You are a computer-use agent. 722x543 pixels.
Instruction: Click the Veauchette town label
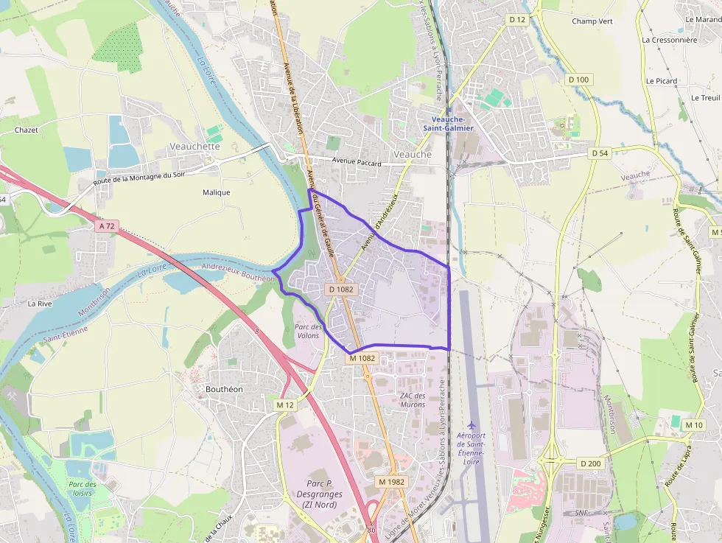(194, 146)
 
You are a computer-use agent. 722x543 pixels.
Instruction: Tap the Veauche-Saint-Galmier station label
(448, 123)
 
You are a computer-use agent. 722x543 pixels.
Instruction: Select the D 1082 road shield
(341, 290)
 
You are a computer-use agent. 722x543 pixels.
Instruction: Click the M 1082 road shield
(362, 358)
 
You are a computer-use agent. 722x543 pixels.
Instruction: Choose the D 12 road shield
(517, 19)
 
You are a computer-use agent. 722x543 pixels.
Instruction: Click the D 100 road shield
(578, 79)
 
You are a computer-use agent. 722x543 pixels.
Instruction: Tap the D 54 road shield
(600, 153)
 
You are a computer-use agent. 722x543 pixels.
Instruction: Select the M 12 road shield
(285, 405)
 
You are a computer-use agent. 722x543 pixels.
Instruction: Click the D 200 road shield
(590, 463)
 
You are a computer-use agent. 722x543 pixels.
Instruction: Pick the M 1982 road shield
(391, 481)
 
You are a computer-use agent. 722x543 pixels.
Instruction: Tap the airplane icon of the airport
(472, 426)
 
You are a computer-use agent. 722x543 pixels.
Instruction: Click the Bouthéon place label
(225, 388)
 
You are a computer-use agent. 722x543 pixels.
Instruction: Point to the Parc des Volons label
(307, 331)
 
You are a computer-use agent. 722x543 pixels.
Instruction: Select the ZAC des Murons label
(413, 400)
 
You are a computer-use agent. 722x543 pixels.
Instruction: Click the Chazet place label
(27, 130)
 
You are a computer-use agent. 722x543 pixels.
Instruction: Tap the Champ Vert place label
(592, 21)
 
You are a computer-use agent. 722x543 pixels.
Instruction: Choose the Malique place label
(216, 192)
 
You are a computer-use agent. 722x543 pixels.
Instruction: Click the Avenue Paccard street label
(356, 161)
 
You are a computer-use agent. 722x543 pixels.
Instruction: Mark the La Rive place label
(40, 303)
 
